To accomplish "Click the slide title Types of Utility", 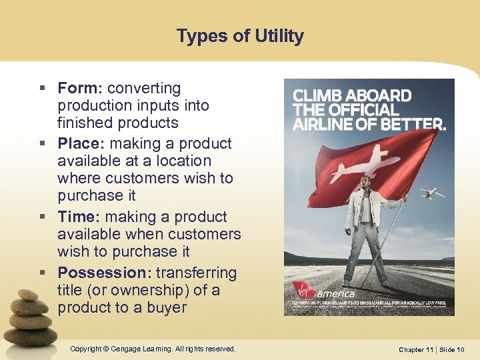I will pyautogui.click(x=240, y=35).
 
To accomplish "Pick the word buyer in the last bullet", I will pyautogui.click(x=167, y=308).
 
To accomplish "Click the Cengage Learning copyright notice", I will pyautogui.click(x=153, y=349).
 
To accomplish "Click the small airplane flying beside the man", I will pyautogui.click(x=433, y=193).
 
